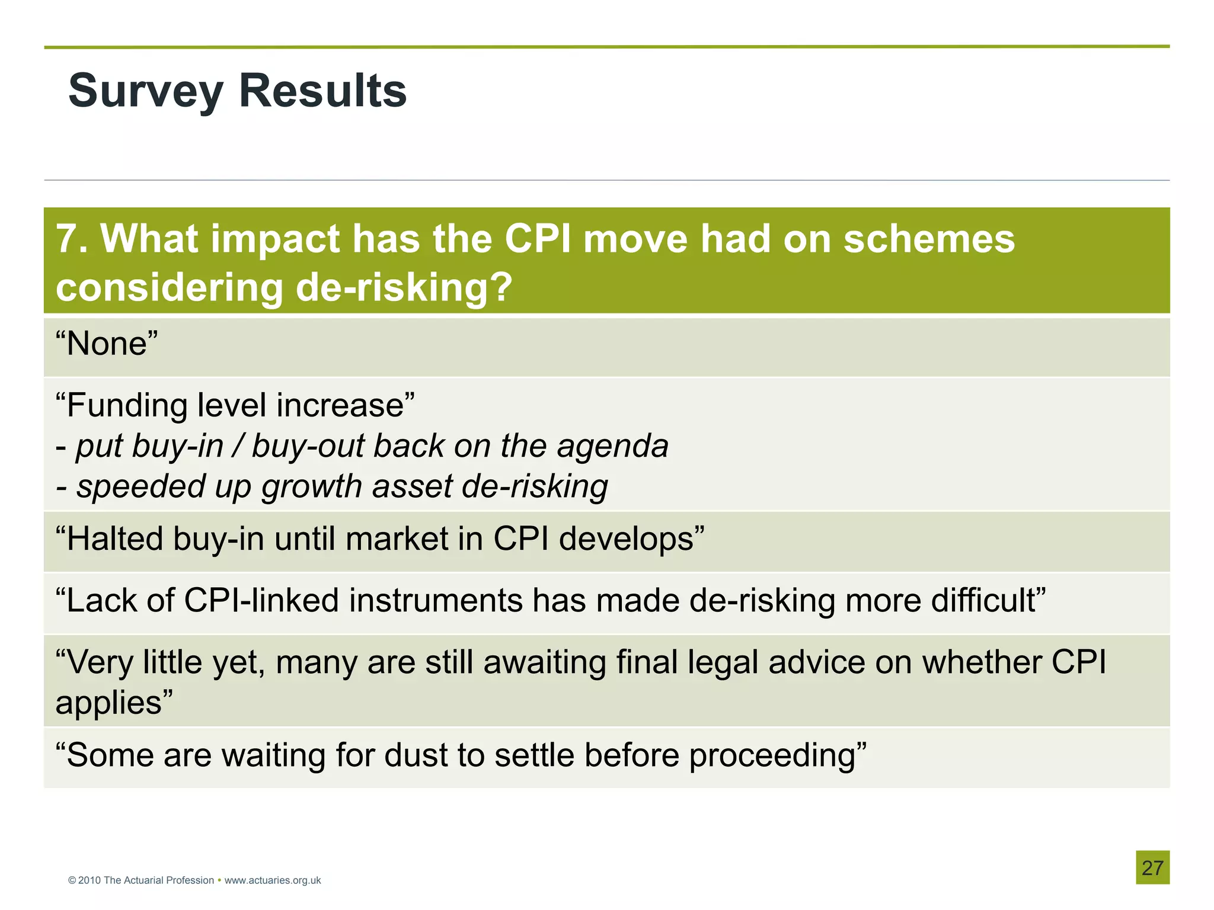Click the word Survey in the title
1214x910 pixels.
pyautogui.click(x=145, y=92)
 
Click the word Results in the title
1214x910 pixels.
pyautogui.click(x=322, y=92)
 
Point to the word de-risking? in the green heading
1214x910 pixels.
pyautogui.click(x=403, y=288)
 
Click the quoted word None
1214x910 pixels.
pyautogui.click(x=107, y=344)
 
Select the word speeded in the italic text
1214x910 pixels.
pyautogui.click(x=141, y=487)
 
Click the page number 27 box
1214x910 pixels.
pyautogui.click(x=1152, y=868)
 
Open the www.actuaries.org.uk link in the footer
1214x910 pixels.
pyautogui.click(x=273, y=880)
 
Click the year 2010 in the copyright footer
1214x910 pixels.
pyautogui.click(x=90, y=880)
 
